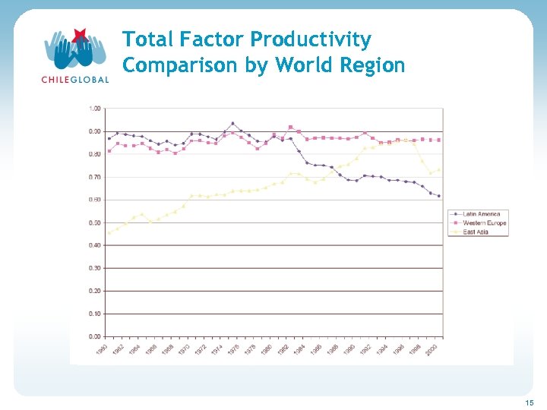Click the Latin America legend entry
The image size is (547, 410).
(483, 215)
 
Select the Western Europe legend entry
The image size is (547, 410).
(485, 223)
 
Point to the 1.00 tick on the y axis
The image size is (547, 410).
(95, 109)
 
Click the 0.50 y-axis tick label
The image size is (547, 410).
(95, 222)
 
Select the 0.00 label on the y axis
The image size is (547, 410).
(95, 336)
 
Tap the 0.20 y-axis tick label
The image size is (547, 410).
(95, 291)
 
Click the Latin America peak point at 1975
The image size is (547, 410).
(232, 123)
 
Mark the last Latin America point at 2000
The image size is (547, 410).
(438, 196)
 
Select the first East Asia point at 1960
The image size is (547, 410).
(109, 233)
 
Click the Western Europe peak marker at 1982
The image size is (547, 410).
(290, 127)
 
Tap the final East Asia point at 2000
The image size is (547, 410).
(438, 170)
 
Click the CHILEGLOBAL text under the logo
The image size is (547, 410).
(74, 78)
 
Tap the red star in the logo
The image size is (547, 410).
(79, 35)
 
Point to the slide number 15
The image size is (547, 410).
(529, 402)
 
